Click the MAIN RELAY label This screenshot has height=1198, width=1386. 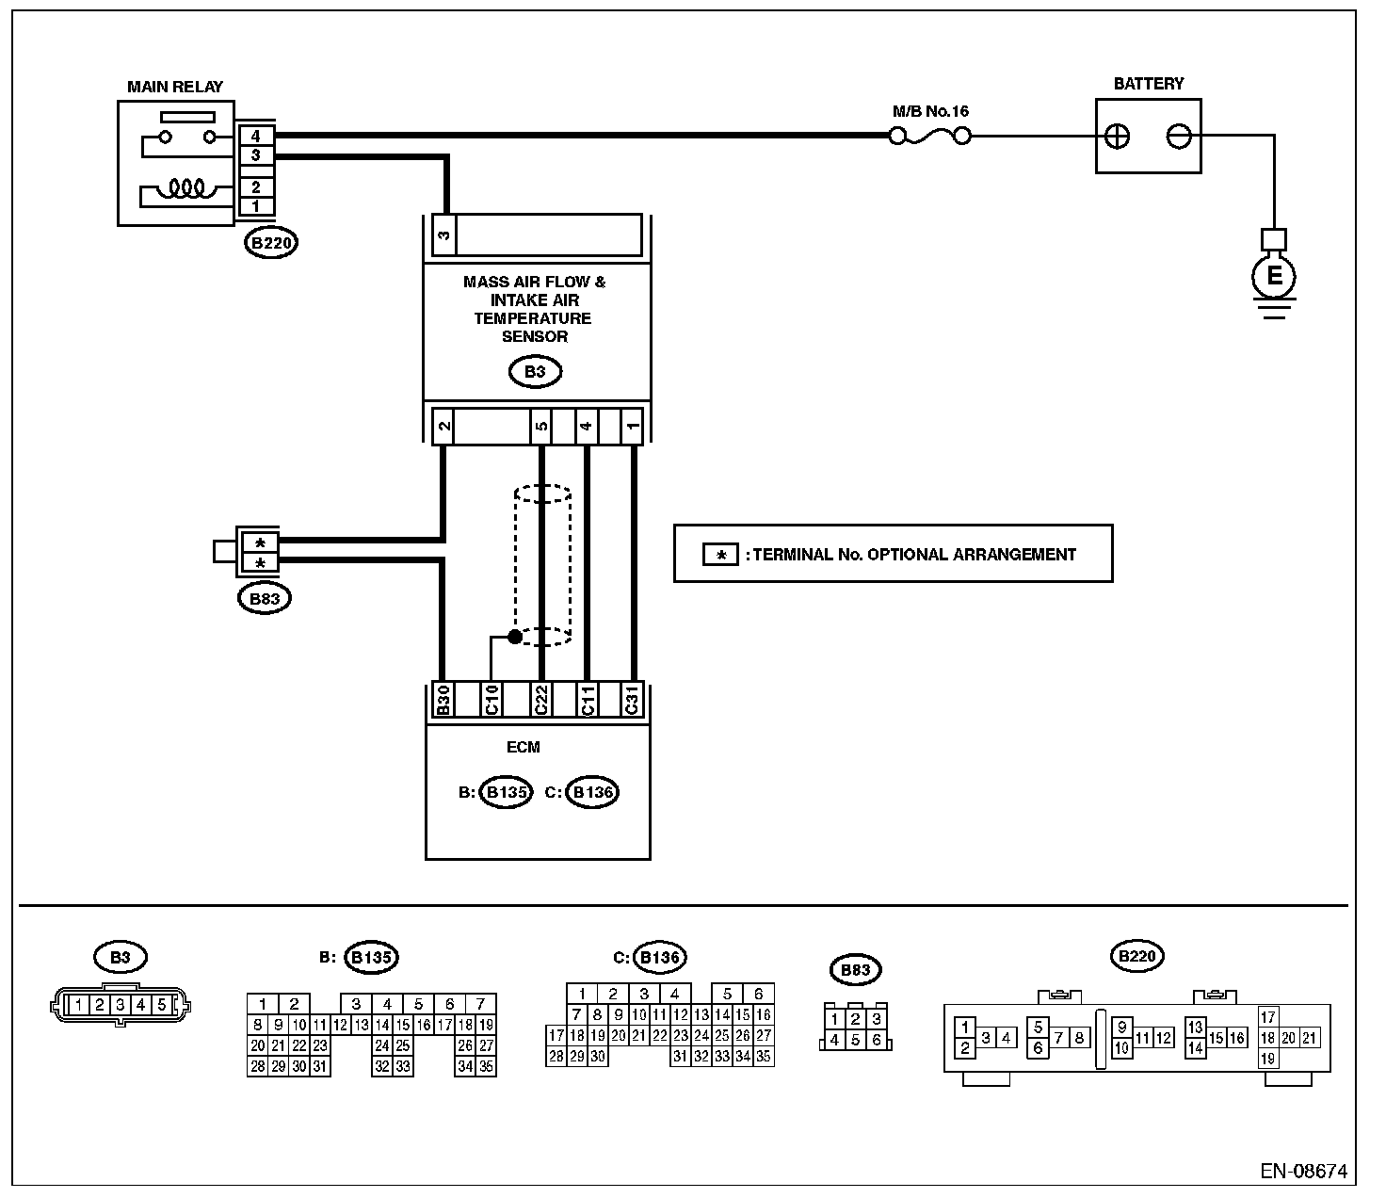(175, 87)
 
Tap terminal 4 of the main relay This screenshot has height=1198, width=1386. (255, 136)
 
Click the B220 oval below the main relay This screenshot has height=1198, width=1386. (270, 243)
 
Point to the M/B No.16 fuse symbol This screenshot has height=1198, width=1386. (929, 137)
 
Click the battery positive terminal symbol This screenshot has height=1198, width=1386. (1117, 137)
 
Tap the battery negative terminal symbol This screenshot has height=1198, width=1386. (1179, 137)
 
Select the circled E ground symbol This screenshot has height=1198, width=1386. (1274, 276)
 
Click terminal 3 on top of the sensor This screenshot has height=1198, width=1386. (443, 235)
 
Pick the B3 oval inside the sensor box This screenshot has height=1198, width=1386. (535, 372)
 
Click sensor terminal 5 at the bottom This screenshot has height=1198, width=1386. (541, 426)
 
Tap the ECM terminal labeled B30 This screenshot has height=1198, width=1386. (443, 701)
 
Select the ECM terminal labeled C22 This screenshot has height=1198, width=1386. (540, 701)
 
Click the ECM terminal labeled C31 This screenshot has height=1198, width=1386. (632, 701)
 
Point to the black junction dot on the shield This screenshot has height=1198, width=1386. (515, 637)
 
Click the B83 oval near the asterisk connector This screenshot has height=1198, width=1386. (265, 598)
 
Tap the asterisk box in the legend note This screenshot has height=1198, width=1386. (721, 555)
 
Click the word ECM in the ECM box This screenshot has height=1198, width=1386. (523, 747)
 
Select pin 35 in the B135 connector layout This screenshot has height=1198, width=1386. (486, 1066)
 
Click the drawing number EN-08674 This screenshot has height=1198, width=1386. (1303, 1172)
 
